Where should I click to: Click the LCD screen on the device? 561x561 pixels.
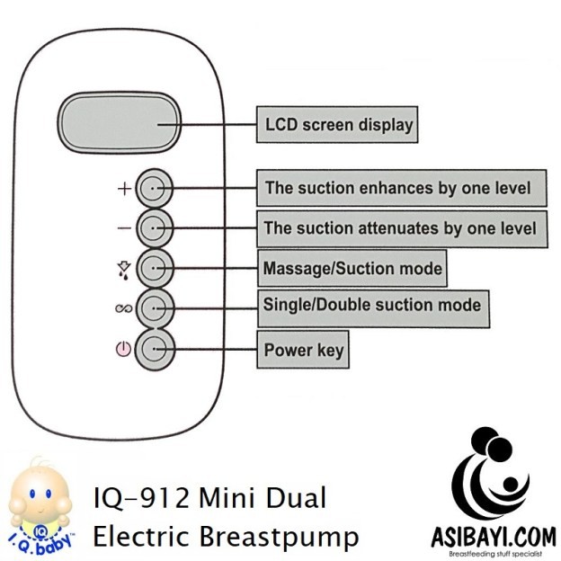pyautogui.click(x=120, y=122)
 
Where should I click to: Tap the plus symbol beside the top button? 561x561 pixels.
pyautogui.click(x=124, y=189)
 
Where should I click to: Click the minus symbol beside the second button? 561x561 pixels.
pyautogui.click(x=124, y=228)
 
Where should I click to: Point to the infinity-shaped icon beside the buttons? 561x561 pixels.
pyautogui.click(x=124, y=308)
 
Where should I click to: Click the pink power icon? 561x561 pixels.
pyautogui.click(x=123, y=349)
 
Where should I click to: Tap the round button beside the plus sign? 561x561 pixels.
pyautogui.click(x=154, y=188)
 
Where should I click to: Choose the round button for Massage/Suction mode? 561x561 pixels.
pyautogui.click(x=155, y=268)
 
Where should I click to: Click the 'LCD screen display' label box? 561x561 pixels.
pyautogui.click(x=337, y=124)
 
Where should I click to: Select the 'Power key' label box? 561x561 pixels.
pyautogui.click(x=303, y=350)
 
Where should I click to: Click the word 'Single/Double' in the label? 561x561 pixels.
pyautogui.click(x=317, y=305)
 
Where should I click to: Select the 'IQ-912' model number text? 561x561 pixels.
pyautogui.click(x=141, y=498)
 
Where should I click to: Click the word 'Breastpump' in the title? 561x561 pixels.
pyautogui.click(x=279, y=537)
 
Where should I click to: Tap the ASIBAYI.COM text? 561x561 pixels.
pyautogui.click(x=494, y=538)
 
